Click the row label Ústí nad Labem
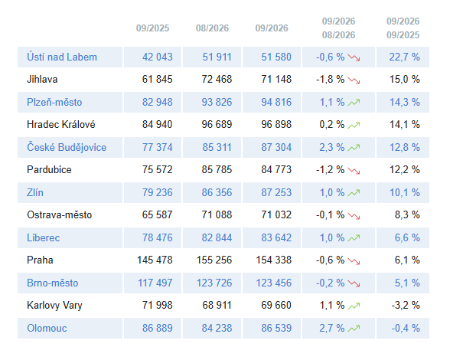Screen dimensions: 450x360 62,57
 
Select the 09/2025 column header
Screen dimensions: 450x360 153,28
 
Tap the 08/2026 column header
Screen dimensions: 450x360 212,28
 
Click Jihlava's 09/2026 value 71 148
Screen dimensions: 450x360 276,80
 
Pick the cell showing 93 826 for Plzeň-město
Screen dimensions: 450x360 217,103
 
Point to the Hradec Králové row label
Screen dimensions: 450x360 61,124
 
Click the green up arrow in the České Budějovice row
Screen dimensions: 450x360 354,148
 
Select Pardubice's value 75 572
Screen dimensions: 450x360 158,169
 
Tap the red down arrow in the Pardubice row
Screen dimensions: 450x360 354,170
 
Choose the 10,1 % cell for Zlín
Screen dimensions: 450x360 404,192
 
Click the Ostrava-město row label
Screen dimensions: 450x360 59,215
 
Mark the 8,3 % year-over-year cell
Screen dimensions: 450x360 407,215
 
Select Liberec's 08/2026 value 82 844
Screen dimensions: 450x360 217,238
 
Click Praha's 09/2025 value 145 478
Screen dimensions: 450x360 155,260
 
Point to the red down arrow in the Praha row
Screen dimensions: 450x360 354,261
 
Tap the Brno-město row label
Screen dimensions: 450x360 53,283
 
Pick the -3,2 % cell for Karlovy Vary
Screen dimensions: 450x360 406,305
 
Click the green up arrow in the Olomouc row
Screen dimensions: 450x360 354,329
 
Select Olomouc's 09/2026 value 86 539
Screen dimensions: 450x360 276,328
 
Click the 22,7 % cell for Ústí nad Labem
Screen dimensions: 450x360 404,57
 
